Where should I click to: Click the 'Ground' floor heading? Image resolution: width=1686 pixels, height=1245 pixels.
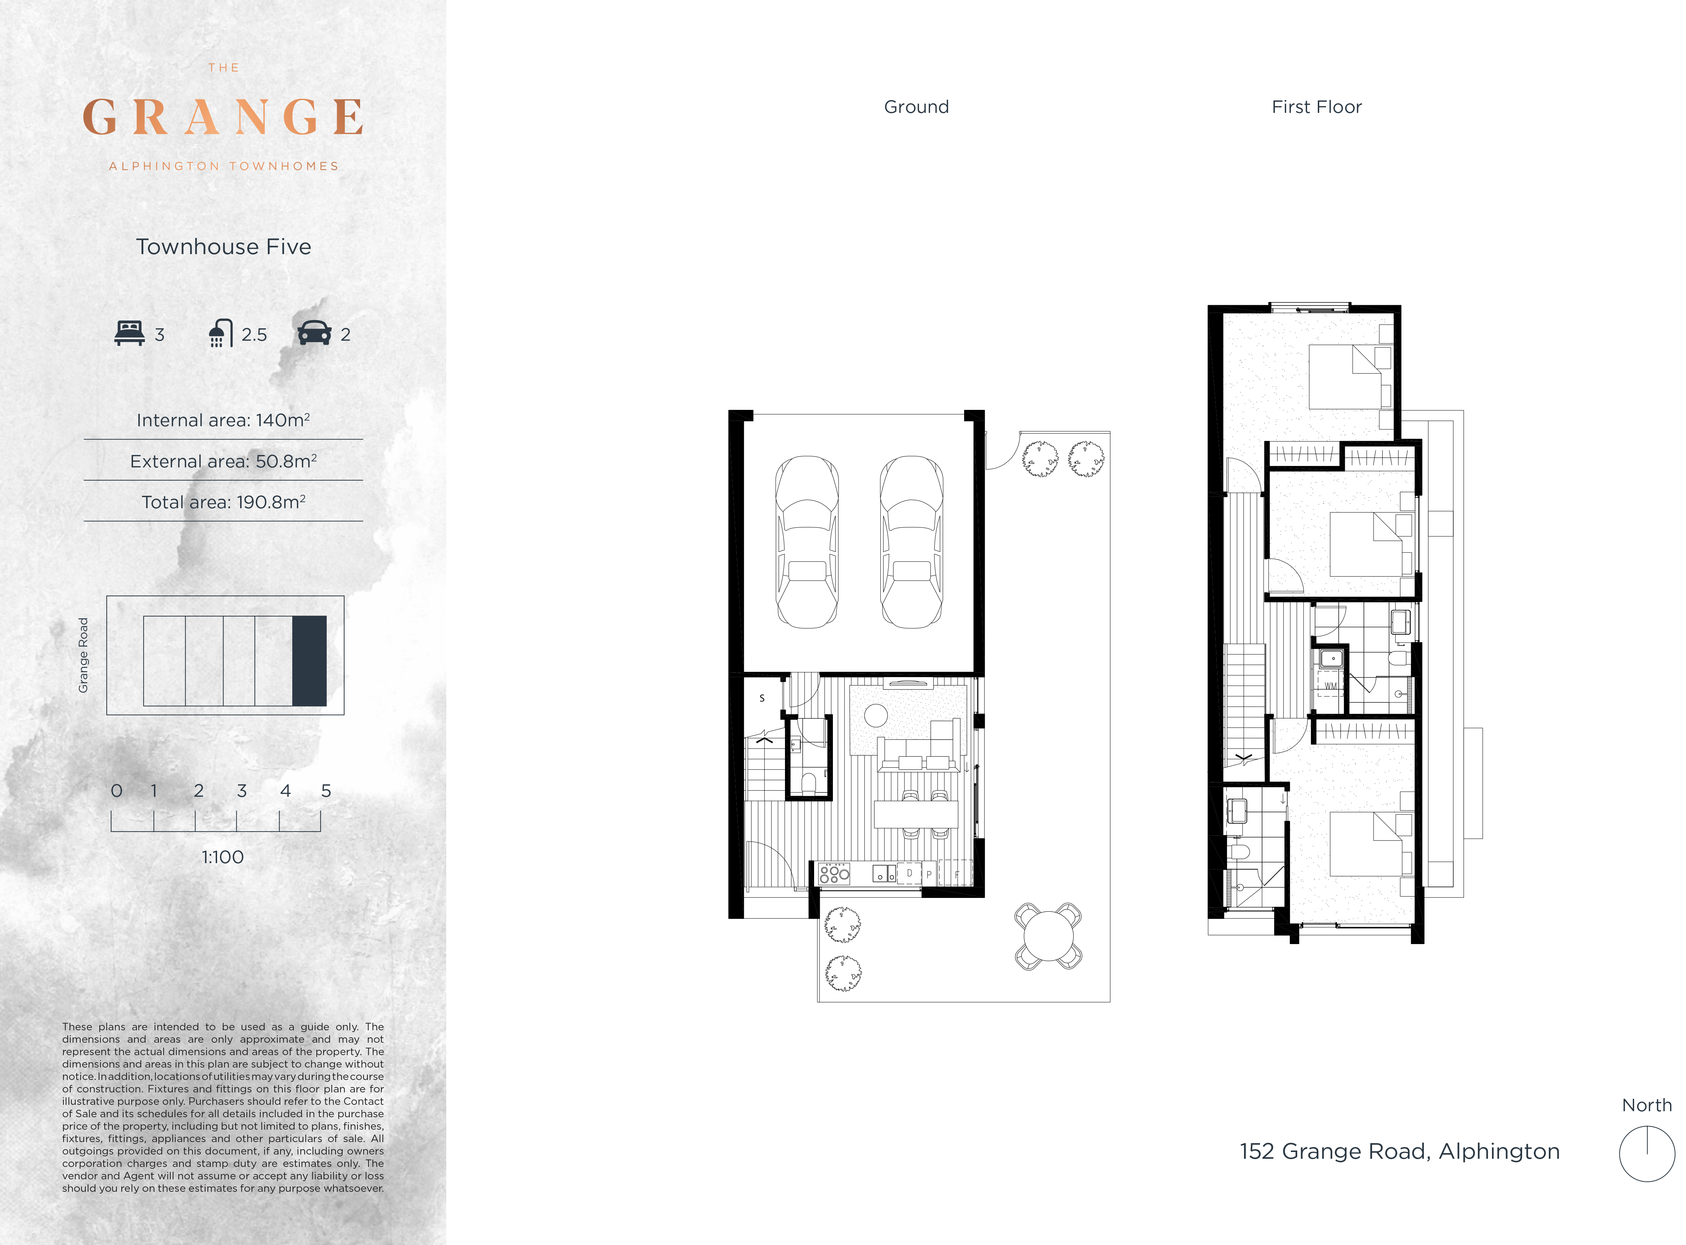(916, 107)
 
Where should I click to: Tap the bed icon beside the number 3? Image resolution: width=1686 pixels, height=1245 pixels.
(129, 333)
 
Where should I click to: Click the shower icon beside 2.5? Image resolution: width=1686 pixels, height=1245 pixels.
(220, 333)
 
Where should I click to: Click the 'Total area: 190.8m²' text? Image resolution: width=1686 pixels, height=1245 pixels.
(223, 502)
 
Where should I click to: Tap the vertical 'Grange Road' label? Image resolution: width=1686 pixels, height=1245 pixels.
(83, 655)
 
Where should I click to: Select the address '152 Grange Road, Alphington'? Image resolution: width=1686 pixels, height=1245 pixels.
(1400, 1152)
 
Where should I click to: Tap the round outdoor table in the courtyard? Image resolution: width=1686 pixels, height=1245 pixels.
(1048, 936)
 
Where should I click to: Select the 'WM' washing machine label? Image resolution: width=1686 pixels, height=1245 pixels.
(1331, 686)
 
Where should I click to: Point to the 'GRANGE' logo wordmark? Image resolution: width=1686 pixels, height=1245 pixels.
(223, 117)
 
